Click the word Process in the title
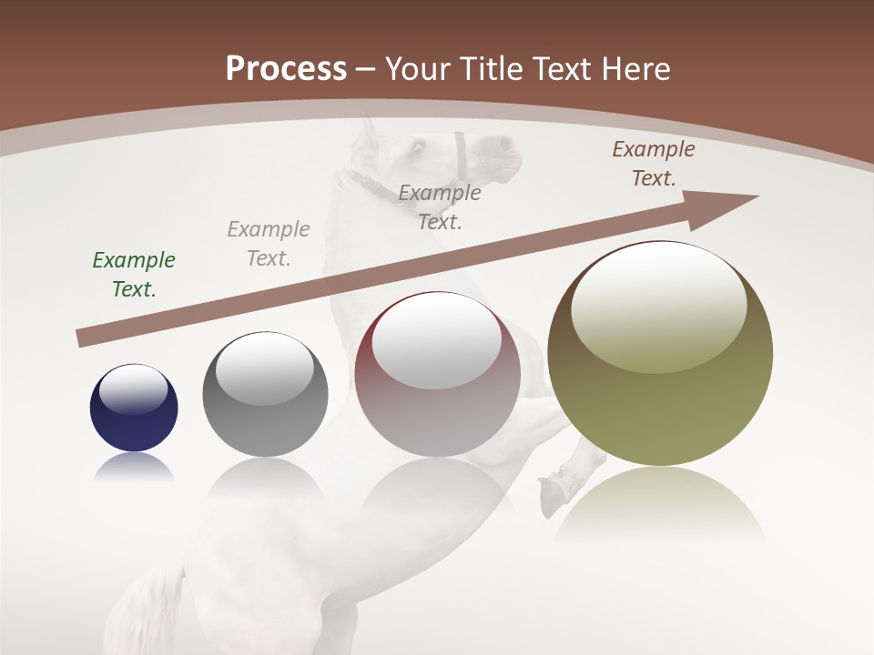tap(286, 69)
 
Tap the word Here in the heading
tap(635, 69)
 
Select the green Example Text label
tap(134, 274)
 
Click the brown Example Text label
tap(653, 164)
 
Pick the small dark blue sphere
tap(134, 408)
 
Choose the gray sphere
tap(265, 395)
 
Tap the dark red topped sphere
tap(437, 375)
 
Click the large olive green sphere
tap(660, 354)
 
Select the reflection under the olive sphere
tap(660, 500)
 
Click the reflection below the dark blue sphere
tap(134, 466)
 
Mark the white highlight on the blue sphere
tap(133, 388)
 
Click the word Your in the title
tap(419, 69)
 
